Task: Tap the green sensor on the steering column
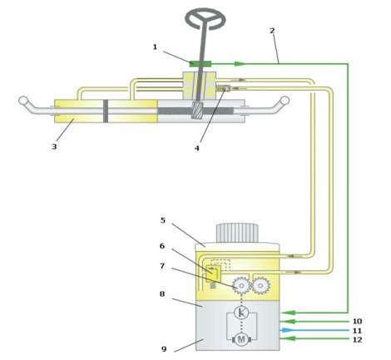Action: (200, 64)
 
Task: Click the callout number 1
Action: (155, 47)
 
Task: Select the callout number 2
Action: (272, 31)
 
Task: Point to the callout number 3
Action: (54, 146)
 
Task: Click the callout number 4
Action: (197, 148)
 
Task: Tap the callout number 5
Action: (163, 220)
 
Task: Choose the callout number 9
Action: (164, 349)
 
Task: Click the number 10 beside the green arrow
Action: (357, 321)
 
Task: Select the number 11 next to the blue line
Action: (357, 331)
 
